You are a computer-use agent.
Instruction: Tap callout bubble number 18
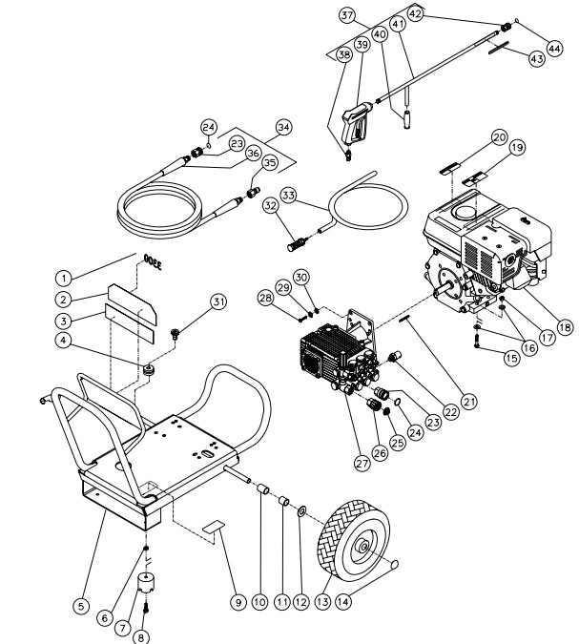pyautogui.click(x=565, y=327)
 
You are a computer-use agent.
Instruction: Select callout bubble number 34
pyautogui.click(x=282, y=127)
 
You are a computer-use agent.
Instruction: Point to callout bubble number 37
pyautogui.click(x=347, y=15)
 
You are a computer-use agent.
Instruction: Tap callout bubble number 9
pyautogui.click(x=238, y=602)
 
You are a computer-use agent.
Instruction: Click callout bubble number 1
pyautogui.click(x=64, y=278)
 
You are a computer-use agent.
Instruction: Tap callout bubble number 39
pyautogui.click(x=362, y=45)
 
